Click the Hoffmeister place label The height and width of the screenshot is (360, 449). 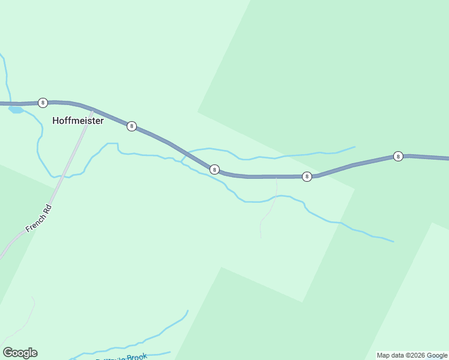coord(78,121)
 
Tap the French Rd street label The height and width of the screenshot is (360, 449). coord(40,219)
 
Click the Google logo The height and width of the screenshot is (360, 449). coord(20,353)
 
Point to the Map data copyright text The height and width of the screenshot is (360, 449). coord(412,355)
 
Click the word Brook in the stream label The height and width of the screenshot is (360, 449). coord(137,356)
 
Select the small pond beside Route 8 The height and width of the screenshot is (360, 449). coord(16,110)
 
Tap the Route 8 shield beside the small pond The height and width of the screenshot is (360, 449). coord(43,103)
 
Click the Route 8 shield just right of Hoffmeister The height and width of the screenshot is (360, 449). coord(131,126)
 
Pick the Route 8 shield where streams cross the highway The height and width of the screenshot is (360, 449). coord(214,169)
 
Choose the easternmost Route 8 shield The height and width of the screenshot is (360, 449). coord(398,156)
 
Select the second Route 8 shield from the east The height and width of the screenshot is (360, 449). coord(307,176)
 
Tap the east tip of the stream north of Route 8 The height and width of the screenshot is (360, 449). coord(355,146)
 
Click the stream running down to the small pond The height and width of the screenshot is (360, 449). coord(7,78)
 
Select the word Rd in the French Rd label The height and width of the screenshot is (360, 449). coord(49,209)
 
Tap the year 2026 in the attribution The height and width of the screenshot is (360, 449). coord(417,355)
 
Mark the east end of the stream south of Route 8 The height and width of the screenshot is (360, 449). coord(393,242)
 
